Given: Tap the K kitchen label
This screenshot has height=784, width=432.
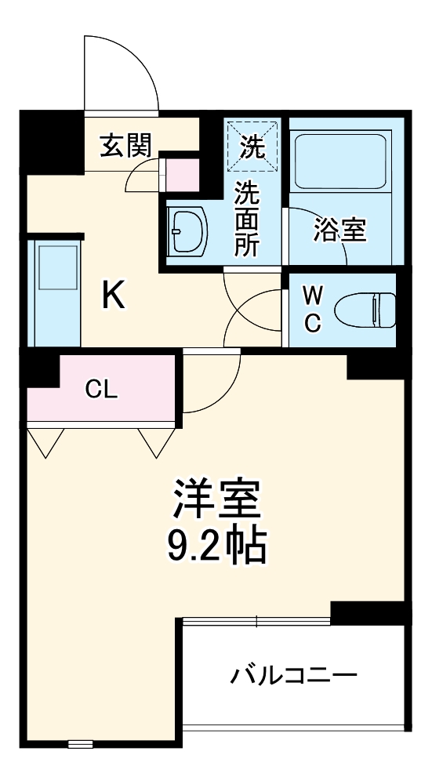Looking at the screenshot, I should click(x=114, y=296).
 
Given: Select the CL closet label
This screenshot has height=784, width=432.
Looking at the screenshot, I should click(x=102, y=389).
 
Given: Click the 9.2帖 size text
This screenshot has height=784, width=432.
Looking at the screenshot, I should click(x=216, y=546).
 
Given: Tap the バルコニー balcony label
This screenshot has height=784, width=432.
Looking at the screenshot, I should click(x=293, y=674).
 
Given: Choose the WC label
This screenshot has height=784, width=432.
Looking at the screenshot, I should click(x=312, y=310).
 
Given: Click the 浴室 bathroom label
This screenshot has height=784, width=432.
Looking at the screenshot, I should click(x=340, y=230).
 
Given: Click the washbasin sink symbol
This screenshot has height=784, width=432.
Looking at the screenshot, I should click(x=186, y=230).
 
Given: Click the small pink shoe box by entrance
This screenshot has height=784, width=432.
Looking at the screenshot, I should click(x=182, y=173).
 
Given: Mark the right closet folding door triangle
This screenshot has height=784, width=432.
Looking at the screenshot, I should click(x=156, y=442).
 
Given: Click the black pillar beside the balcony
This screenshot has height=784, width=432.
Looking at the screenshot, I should click(x=368, y=611).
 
